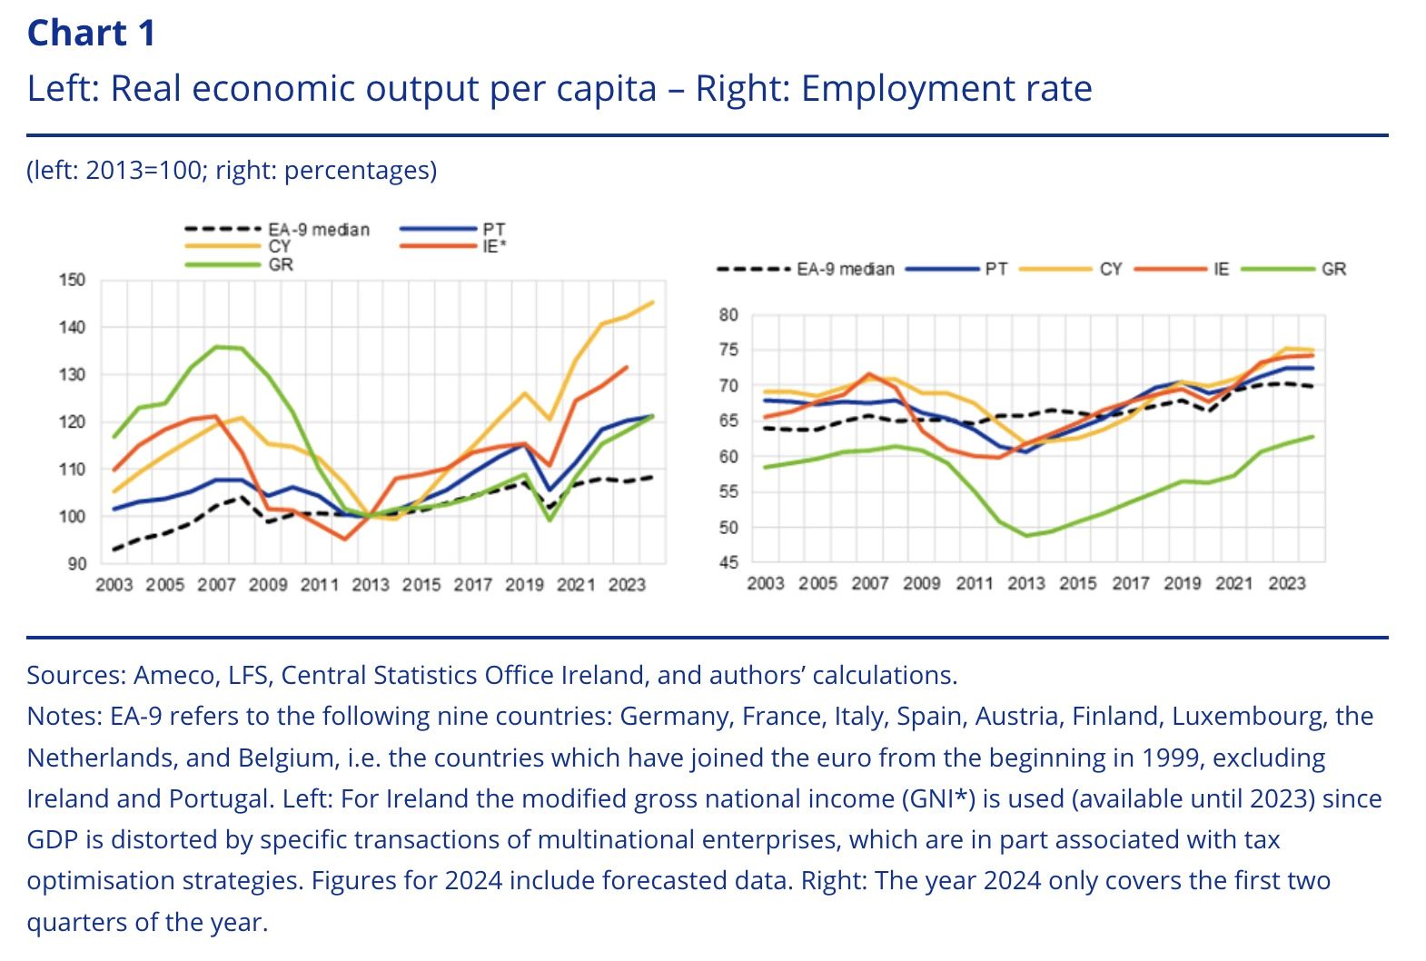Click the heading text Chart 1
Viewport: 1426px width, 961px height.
[x=92, y=34]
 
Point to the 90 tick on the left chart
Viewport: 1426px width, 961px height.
[x=77, y=564]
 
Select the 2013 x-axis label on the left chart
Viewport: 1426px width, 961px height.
[x=370, y=585]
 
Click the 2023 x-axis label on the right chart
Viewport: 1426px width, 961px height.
[x=1286, y=583]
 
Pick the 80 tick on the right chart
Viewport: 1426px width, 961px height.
[x=729, y=315]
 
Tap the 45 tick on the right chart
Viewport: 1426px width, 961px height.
[x=729, y=563]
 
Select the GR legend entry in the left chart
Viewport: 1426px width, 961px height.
[x=281, y=264]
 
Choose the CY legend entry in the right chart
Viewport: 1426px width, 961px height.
[x=1111, y=270]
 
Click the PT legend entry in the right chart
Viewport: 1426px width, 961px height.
[x=995, y=270]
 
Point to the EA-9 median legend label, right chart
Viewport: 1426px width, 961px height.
[x=845, y=270]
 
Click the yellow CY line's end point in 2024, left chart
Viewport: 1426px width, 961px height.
[x=653, y=302]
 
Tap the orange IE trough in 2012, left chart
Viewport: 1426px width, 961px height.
[x=345, y=540]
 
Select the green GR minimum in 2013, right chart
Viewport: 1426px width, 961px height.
[x=1027, y=535]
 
